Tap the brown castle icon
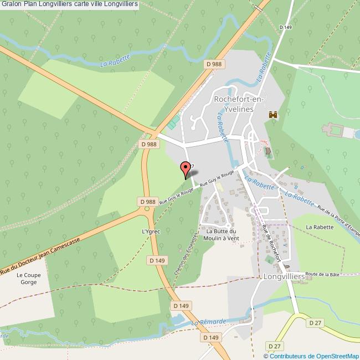tap(272, 115)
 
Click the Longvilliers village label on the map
tap(284, 275)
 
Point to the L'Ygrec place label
tap(151, 231)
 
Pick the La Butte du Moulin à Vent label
tap(221, 234)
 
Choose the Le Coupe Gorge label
tap(26, 279)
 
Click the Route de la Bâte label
tap(322, 274)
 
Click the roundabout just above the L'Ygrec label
tap(147, 209)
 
